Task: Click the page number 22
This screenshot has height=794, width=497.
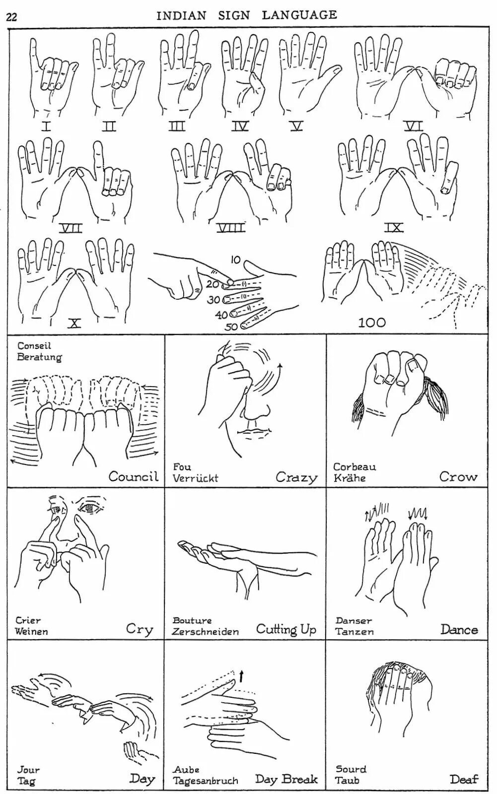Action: [11, 17]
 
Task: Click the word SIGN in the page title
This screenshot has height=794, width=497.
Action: [234, 15]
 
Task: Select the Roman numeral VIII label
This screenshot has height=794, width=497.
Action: [231, 228]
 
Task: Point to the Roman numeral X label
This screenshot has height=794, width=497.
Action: [74, 324]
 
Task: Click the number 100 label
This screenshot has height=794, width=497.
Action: [372, 323]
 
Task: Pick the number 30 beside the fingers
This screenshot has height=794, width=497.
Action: [214, 300]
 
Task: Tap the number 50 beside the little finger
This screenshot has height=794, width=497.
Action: [231, 327]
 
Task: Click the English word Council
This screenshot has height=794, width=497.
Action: [134, 476]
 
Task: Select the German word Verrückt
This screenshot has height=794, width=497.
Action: [195, 478]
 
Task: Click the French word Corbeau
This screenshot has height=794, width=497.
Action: [355, 466]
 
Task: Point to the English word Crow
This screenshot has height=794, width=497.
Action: [458, 477]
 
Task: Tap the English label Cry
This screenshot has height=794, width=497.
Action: [140, 629]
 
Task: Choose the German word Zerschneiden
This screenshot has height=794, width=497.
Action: [206, 632]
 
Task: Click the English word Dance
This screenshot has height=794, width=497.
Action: [459, 630]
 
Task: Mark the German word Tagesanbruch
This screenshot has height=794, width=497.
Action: [206, 781]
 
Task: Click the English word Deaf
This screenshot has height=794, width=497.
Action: [464, 779]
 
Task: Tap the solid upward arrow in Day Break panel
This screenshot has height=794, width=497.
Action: [242, 675]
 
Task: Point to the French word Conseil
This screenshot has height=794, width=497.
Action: [34, 346]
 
